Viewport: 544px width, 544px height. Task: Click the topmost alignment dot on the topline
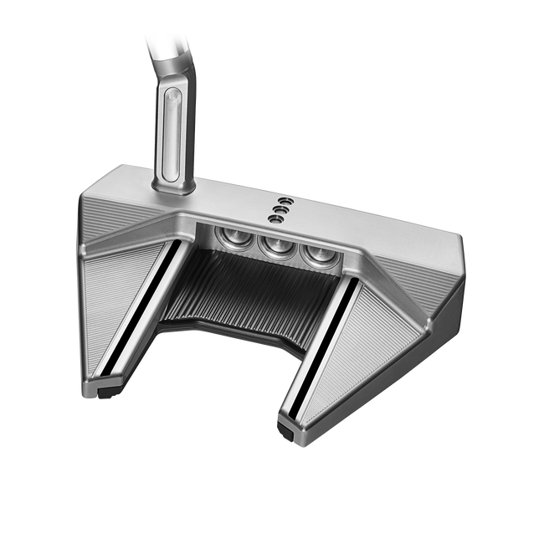285,202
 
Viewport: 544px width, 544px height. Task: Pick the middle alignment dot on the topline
280,210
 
